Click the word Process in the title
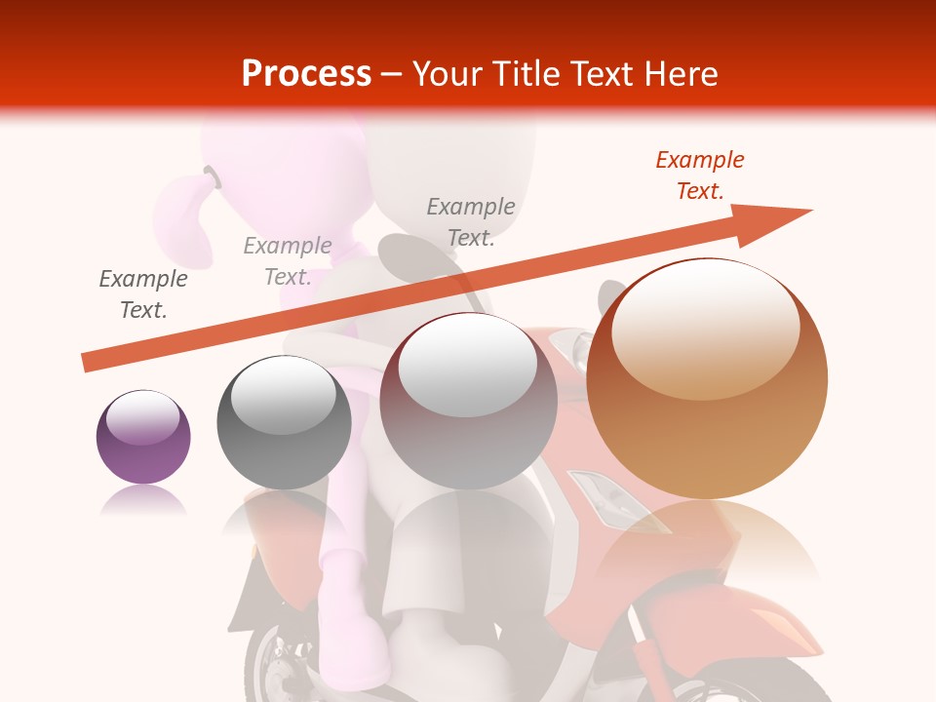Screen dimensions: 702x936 click(306, 74)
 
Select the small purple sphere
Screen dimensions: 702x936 click(143, 437)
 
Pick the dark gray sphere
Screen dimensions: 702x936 click(284, 423)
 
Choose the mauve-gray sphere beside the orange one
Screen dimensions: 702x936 click(468, 402)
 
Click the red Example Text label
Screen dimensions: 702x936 click(700, 175)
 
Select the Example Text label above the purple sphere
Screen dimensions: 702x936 click(143, 294)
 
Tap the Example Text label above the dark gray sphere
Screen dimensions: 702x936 click(288, 261)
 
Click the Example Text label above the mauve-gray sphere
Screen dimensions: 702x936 click(471, 222)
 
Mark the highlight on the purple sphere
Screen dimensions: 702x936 click(143, 417)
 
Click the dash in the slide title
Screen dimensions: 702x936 click(392, 74)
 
